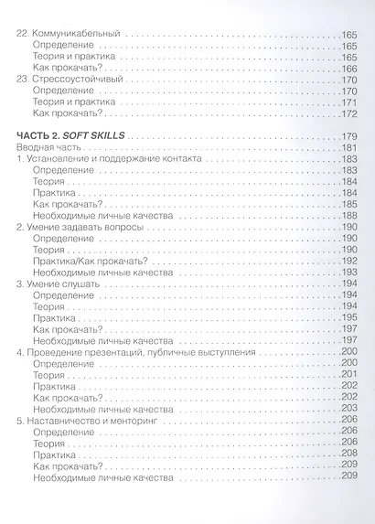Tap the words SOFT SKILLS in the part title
(102, 135)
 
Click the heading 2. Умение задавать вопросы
(80, 225)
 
